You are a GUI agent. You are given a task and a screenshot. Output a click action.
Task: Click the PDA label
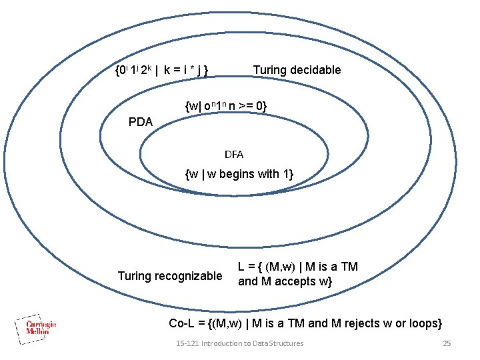(x=141, y=122)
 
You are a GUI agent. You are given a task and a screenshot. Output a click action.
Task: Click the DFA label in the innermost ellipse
(x=234, y=155)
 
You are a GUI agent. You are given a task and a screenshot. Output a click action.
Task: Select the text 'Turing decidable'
(x=297, y=70)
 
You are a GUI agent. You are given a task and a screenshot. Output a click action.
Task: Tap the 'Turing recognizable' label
(x=170, y=276)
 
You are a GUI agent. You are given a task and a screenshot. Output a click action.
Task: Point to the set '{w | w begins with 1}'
(x=239, y=175)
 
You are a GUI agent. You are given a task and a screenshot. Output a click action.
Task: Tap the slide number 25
(x=447, y=343)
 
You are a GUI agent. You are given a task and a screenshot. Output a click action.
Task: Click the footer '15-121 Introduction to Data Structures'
(x=239, y=343)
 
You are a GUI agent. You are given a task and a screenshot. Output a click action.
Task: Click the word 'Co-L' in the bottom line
(x=181, y=323)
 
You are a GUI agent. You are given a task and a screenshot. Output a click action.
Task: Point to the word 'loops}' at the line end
(x=424, y=323)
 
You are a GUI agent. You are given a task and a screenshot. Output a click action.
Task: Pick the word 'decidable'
(x=315, y=70)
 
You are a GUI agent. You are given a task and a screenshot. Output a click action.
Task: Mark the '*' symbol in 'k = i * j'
(x=193, y=70)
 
